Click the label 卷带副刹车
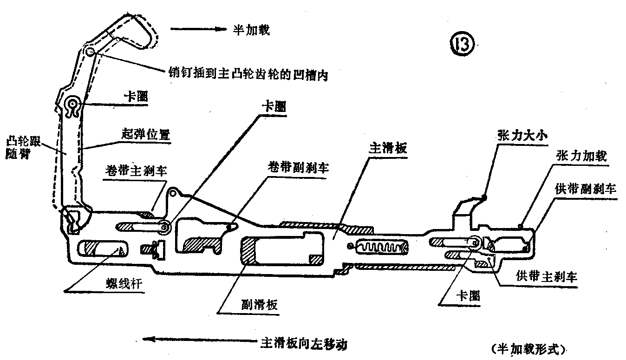pos(299,168)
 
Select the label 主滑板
pos(388,149)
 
